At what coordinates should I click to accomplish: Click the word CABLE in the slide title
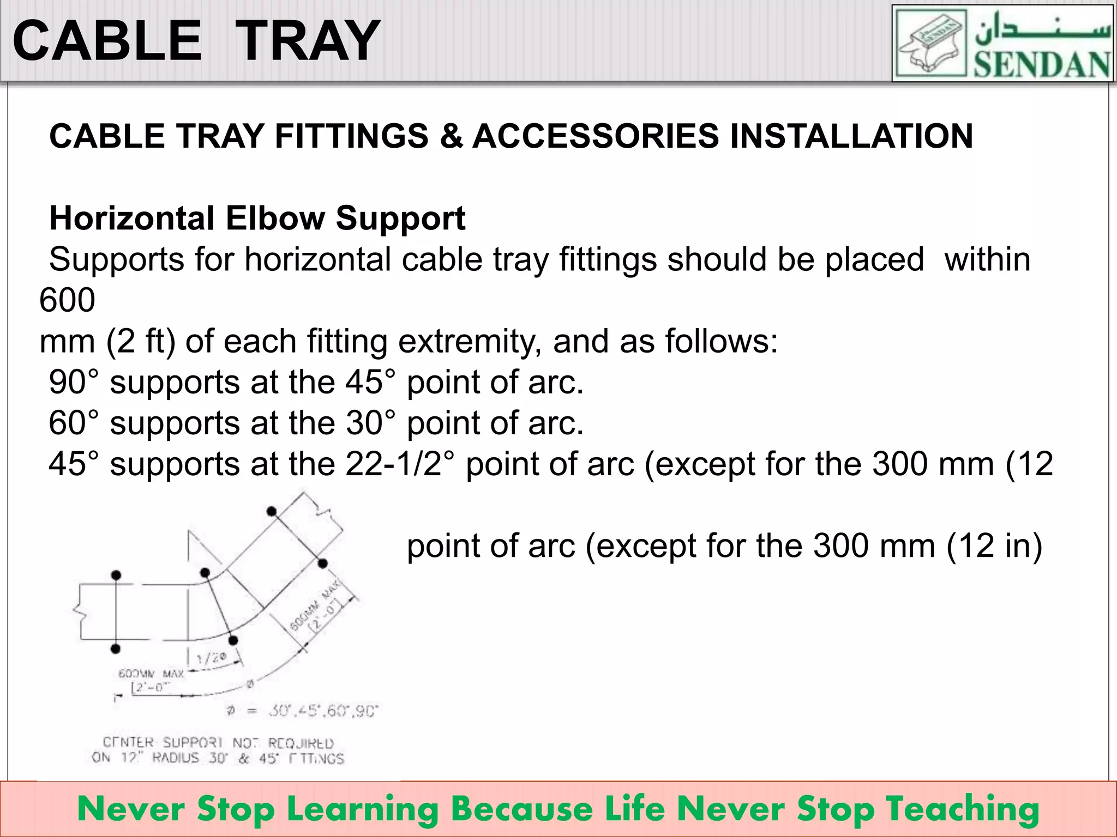(x=107, y=41)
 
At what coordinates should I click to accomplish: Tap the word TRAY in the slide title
(x=309, y=41)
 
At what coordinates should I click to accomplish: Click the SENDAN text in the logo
(x=1042, y=65)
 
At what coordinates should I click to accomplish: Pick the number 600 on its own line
(x=67, y=300)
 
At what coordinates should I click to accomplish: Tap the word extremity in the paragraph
(x=470, y=341)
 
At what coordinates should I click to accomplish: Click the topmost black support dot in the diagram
(x=272, y=511)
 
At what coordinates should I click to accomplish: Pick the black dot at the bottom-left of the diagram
(x=116, y=648)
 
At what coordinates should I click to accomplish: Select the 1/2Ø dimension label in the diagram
(x=211, y=658)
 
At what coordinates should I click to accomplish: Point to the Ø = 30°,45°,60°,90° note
(x=302, y=711)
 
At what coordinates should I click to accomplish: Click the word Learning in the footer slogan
(x=362, y=810)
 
